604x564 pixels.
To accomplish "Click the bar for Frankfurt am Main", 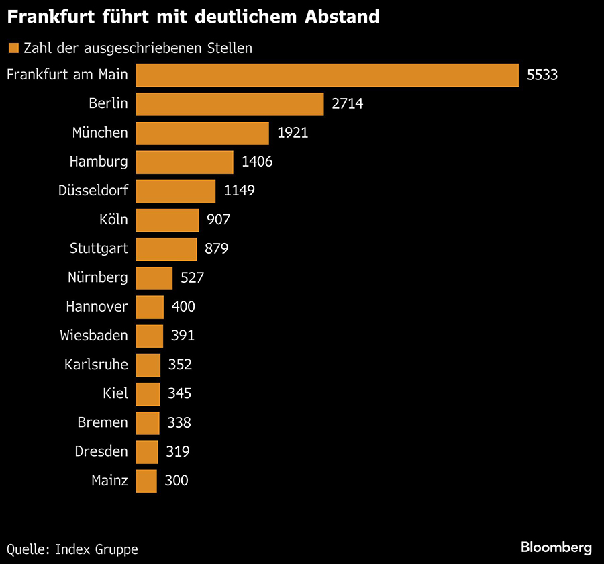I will click(328, 75).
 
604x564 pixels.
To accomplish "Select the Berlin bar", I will click(230, 104).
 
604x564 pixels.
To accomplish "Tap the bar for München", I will click(203, 133).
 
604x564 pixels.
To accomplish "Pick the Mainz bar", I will click(146, 481).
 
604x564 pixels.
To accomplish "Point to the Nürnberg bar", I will click(154, 277).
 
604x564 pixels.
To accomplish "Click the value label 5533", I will click(542, 75).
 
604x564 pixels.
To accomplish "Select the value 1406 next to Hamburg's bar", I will click(258, 162).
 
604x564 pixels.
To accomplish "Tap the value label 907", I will click(219, 220).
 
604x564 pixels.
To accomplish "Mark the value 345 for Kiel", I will click(180, 393).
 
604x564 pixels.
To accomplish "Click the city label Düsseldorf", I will click(93, 191).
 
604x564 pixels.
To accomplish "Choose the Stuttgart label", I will click(99, 248).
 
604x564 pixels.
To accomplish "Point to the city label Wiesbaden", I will click(94, 336).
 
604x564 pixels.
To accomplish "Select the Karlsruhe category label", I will click(96, 365).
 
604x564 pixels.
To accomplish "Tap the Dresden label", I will click(101, 451).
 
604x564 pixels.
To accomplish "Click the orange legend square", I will click(13, 48).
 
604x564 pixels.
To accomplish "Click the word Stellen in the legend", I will click(230, 48).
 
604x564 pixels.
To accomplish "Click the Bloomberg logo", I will click(556, 547).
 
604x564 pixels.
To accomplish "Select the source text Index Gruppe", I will click(97, 549).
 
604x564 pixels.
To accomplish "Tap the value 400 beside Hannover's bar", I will click(183, 307).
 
